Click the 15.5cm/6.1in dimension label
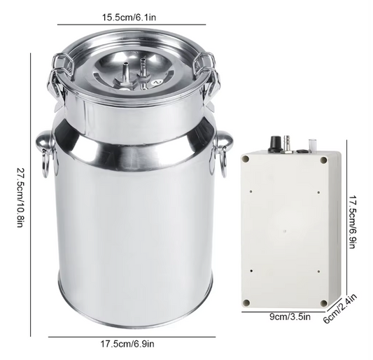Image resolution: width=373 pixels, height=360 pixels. pos(129,18)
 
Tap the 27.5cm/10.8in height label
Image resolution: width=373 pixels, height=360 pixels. pos(20,198)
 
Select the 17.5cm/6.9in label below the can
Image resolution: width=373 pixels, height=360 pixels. pos(127,344)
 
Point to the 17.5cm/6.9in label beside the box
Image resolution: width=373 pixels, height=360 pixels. pos(353,222)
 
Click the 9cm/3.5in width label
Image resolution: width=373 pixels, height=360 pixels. pos(290,317)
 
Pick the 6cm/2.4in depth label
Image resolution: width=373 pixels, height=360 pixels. pos(341,309)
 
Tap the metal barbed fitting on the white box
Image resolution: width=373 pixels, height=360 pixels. pos(287,144)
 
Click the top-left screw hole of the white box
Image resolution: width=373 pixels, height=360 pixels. pos(246,159)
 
